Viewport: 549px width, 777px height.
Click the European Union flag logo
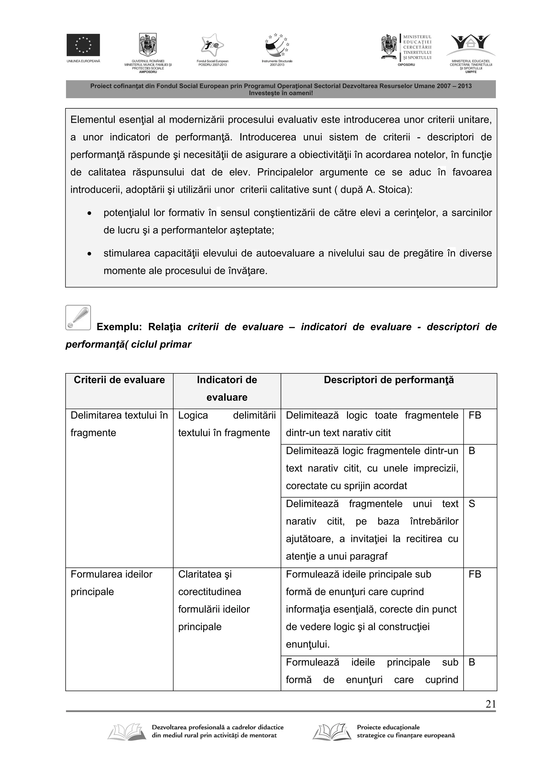pyautogui.click(x=83, y=45)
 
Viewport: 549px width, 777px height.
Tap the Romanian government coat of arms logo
pyautogui.click(x=148, y=45)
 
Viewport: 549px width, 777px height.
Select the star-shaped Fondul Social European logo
pyautogui.click(x=212, y=45)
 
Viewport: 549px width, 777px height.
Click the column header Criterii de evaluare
pyautogui.click(x=119, y=380)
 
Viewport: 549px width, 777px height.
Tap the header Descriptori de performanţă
pyautogui.click(x=388, y=380)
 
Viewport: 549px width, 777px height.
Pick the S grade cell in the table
pyautogui.click(x=472, y=504)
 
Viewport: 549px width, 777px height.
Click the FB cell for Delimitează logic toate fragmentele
pyautogui.click(x=474, y=415)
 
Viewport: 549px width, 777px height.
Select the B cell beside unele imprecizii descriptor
pyautogui.click(x=472, y=451)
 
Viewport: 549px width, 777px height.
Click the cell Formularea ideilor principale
pyautogui.click(x=111, y=583)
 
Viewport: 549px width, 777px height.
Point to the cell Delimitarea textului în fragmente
pyautogui.click(x=119, y=424)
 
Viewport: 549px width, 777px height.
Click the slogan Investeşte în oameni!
pyautogui.click(x=281, y=93)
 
